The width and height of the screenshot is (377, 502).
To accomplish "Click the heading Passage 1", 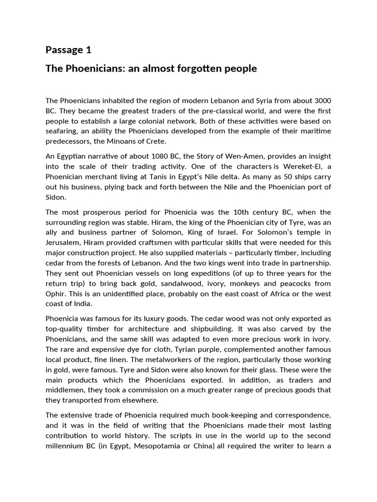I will coord(68,50).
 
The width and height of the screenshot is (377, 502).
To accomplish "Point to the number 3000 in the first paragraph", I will coord(321,100).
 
